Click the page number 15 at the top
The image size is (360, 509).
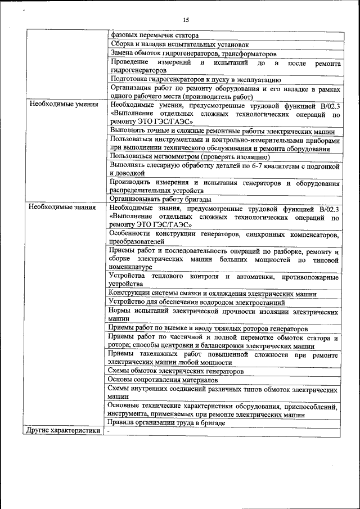click(x=186, y=20)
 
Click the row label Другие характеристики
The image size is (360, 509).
click(x=62, y=431)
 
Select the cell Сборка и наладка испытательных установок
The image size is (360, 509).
click(x=180, y=44)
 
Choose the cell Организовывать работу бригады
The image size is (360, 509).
click(x=160, y=199)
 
